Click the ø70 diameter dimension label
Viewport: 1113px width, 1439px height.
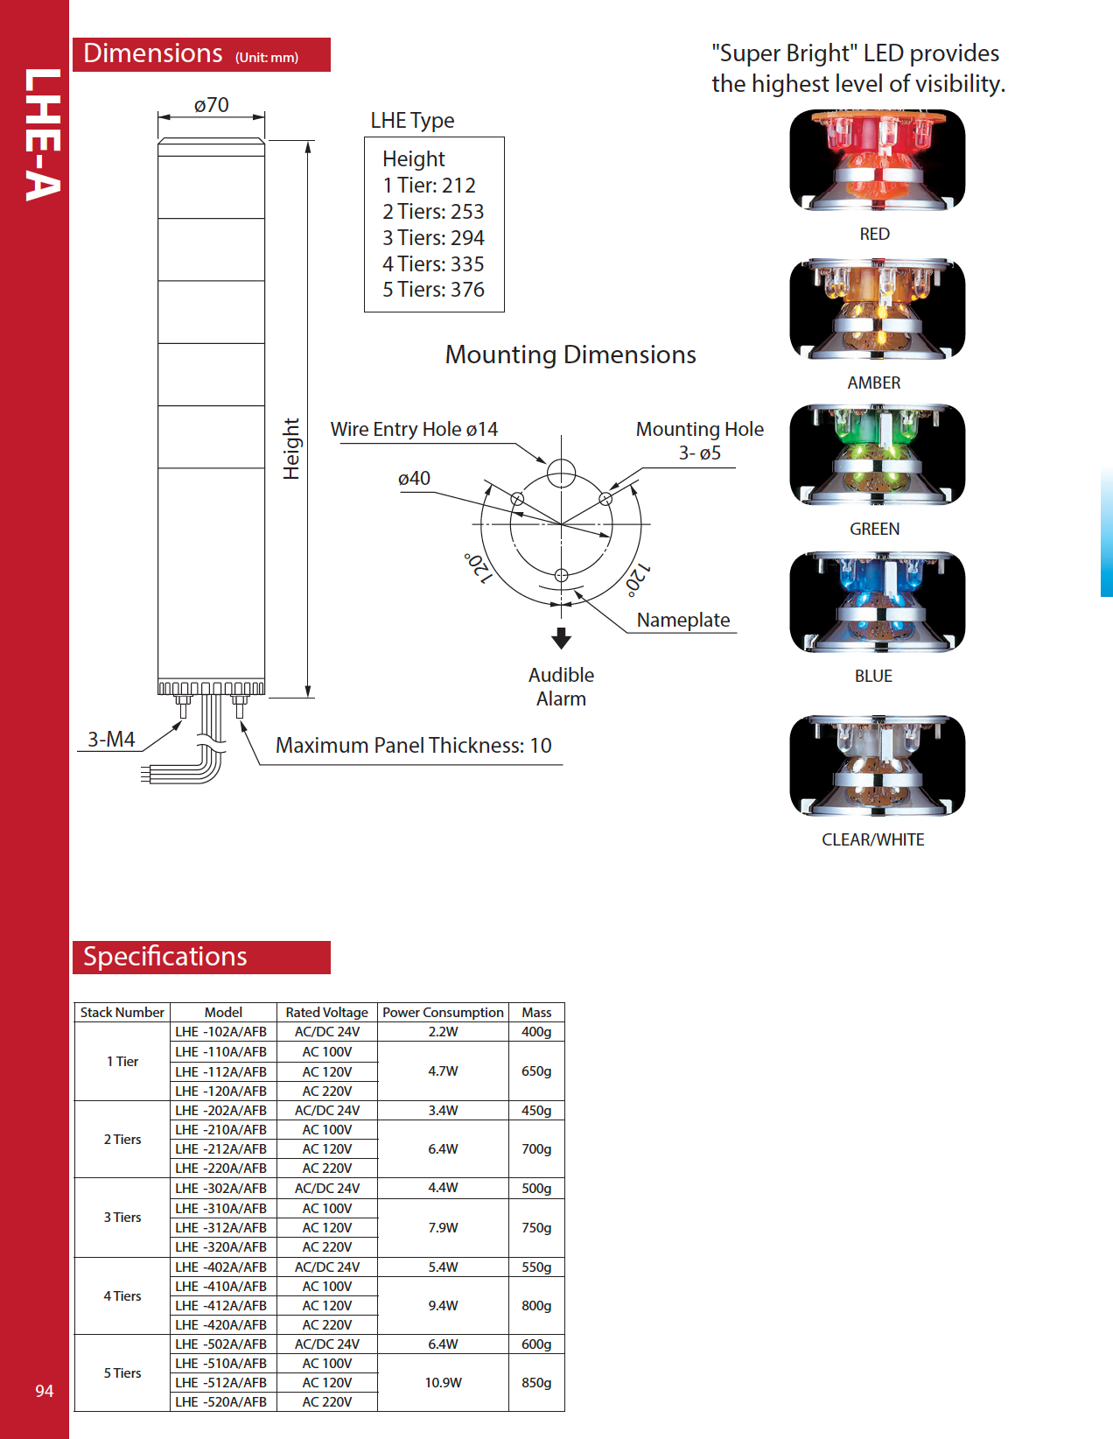tap(212, 106)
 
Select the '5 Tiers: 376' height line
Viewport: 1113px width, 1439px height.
tap(433, 290)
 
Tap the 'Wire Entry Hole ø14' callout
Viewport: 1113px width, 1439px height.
tap(414, 429)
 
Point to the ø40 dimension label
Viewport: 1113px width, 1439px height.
tap(414, 479)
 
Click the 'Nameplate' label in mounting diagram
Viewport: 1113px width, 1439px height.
tap(682, 620)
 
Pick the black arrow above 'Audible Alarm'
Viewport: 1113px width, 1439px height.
tap(562, 637)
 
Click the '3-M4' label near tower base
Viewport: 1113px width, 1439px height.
tap(111, 740)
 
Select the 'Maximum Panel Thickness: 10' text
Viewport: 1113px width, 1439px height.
tap(413, 746)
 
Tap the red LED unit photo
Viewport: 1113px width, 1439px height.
tap(876, 160)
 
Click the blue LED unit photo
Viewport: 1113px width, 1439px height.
tap(876, 602)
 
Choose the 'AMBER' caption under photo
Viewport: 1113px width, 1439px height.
tap(873, 383)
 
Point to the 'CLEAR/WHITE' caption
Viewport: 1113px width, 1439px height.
tap(872, 839)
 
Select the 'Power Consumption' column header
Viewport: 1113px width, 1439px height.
tap(443, 1012)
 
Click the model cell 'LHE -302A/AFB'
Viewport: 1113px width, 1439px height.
tap(221, 1189)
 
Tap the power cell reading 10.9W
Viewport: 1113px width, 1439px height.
tap(443, 1382)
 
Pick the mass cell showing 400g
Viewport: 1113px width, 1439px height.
tap(536, 1031)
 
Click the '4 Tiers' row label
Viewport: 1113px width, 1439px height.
tap(122, 1295)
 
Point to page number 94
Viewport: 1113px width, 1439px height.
tap(45, 1391)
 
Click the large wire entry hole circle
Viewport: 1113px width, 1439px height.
tap(561, 474)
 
